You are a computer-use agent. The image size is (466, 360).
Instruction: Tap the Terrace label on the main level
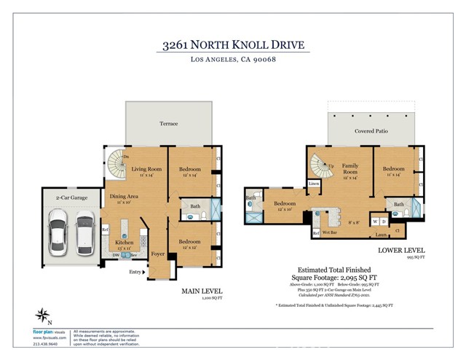[x=169, y=124]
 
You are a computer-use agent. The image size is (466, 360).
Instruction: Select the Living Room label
[x=146, y=170]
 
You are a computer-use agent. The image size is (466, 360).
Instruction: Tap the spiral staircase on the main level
[x=116, y=160]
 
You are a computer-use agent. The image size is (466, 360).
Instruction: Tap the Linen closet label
[x=314, y=184]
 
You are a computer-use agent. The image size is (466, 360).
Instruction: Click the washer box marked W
[x=376, y=221]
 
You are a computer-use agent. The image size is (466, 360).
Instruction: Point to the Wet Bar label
[x=328, y=234]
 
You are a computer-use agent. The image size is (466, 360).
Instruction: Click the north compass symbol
[x=43, y=316]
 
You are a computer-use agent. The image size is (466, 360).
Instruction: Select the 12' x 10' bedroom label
[x=284, y=206]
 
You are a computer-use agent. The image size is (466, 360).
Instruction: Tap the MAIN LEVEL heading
[x=201, y=291]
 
